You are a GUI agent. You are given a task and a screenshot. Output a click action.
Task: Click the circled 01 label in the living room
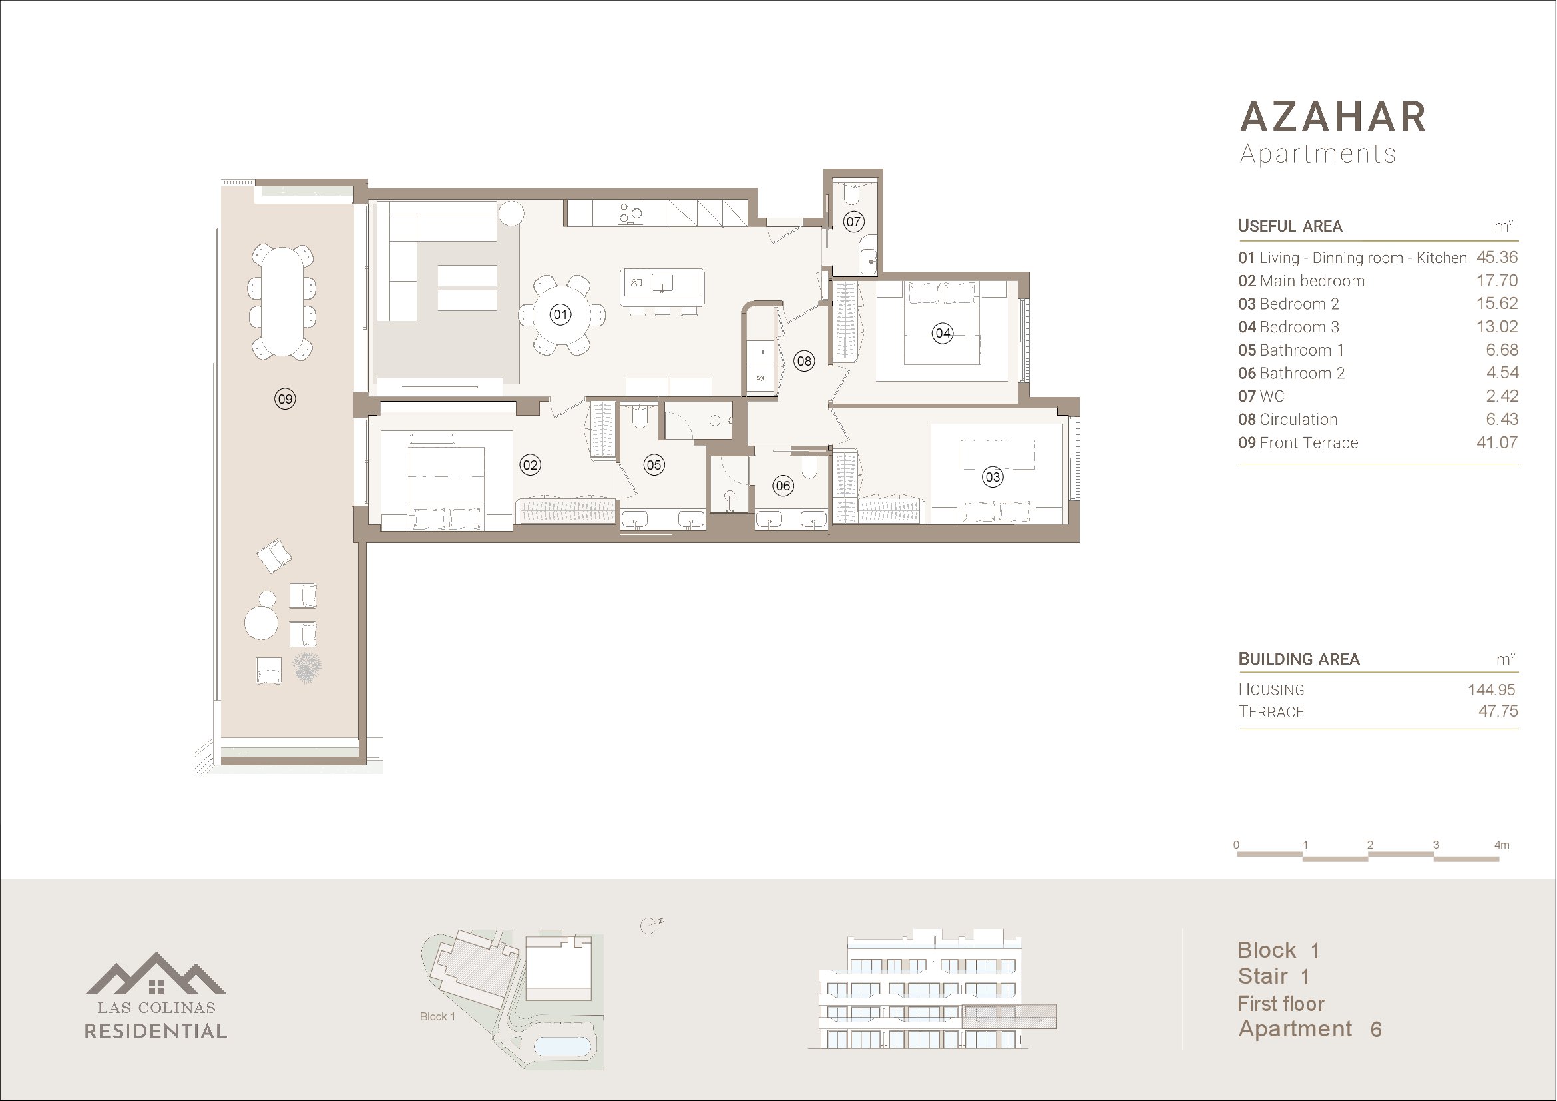click(x=560, y=315)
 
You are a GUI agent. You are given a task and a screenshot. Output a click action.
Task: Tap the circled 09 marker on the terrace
click(x=285, y=399)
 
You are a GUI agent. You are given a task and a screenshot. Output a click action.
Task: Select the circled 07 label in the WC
click(x=853, y=221)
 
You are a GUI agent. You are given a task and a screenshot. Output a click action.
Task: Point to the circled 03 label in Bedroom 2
click(x=993, y=477)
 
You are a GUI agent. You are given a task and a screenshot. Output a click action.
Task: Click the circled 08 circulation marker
click(x=804, y=361)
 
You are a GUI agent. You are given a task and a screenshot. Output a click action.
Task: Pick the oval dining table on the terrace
click(x=282, y=302)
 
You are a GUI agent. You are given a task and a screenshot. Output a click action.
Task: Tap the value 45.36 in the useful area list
click(x=1497, y=258)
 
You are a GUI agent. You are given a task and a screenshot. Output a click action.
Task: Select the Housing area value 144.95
click(x=1491, y=690)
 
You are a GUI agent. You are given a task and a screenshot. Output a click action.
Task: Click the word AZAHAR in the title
click(x=1333, y=117)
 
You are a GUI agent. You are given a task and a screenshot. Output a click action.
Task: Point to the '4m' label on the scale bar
click(x=1502, y=845)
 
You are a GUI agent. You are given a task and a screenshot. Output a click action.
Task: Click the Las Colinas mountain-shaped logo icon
click(x=156, y=974)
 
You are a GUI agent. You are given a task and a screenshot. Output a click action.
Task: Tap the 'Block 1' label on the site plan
click(x=437, y=1016)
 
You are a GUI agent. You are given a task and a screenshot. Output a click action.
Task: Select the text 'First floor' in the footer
click(x=1281, y=1004)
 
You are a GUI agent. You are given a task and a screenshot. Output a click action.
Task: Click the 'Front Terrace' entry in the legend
click(x=1309, y=443)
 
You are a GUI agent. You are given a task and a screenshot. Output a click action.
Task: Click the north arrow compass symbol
click(x=650, y=926)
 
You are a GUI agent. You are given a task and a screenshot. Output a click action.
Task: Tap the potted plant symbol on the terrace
click(x=306, y=667)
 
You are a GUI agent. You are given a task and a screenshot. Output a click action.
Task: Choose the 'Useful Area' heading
click(x=1290, y=226)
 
